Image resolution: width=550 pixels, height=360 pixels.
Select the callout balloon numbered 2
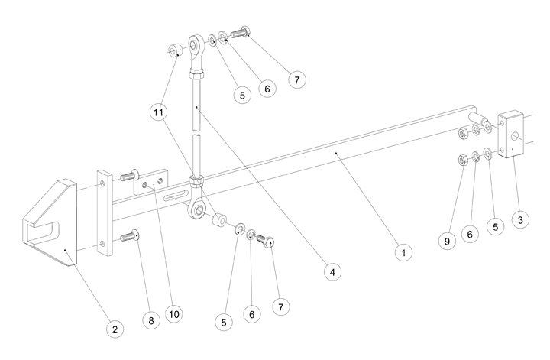pyautogui.click(x=114, y=329)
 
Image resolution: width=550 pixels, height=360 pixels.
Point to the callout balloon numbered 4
pyautogui.click(x=331, y=270)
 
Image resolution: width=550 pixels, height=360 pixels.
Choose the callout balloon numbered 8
pyautogui.click(x=151, y=321)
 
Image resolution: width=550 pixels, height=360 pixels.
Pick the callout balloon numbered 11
pyautogui.click(x=158, y=112)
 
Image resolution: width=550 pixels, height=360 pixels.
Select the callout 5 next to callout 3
pyautogui.click(x=497, y=227)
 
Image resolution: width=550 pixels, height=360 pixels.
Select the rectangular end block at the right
pyautogui.click(x=510, y=135)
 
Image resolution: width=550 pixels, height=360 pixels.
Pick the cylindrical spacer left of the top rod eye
pyautogui.click(x=174, y=52)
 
